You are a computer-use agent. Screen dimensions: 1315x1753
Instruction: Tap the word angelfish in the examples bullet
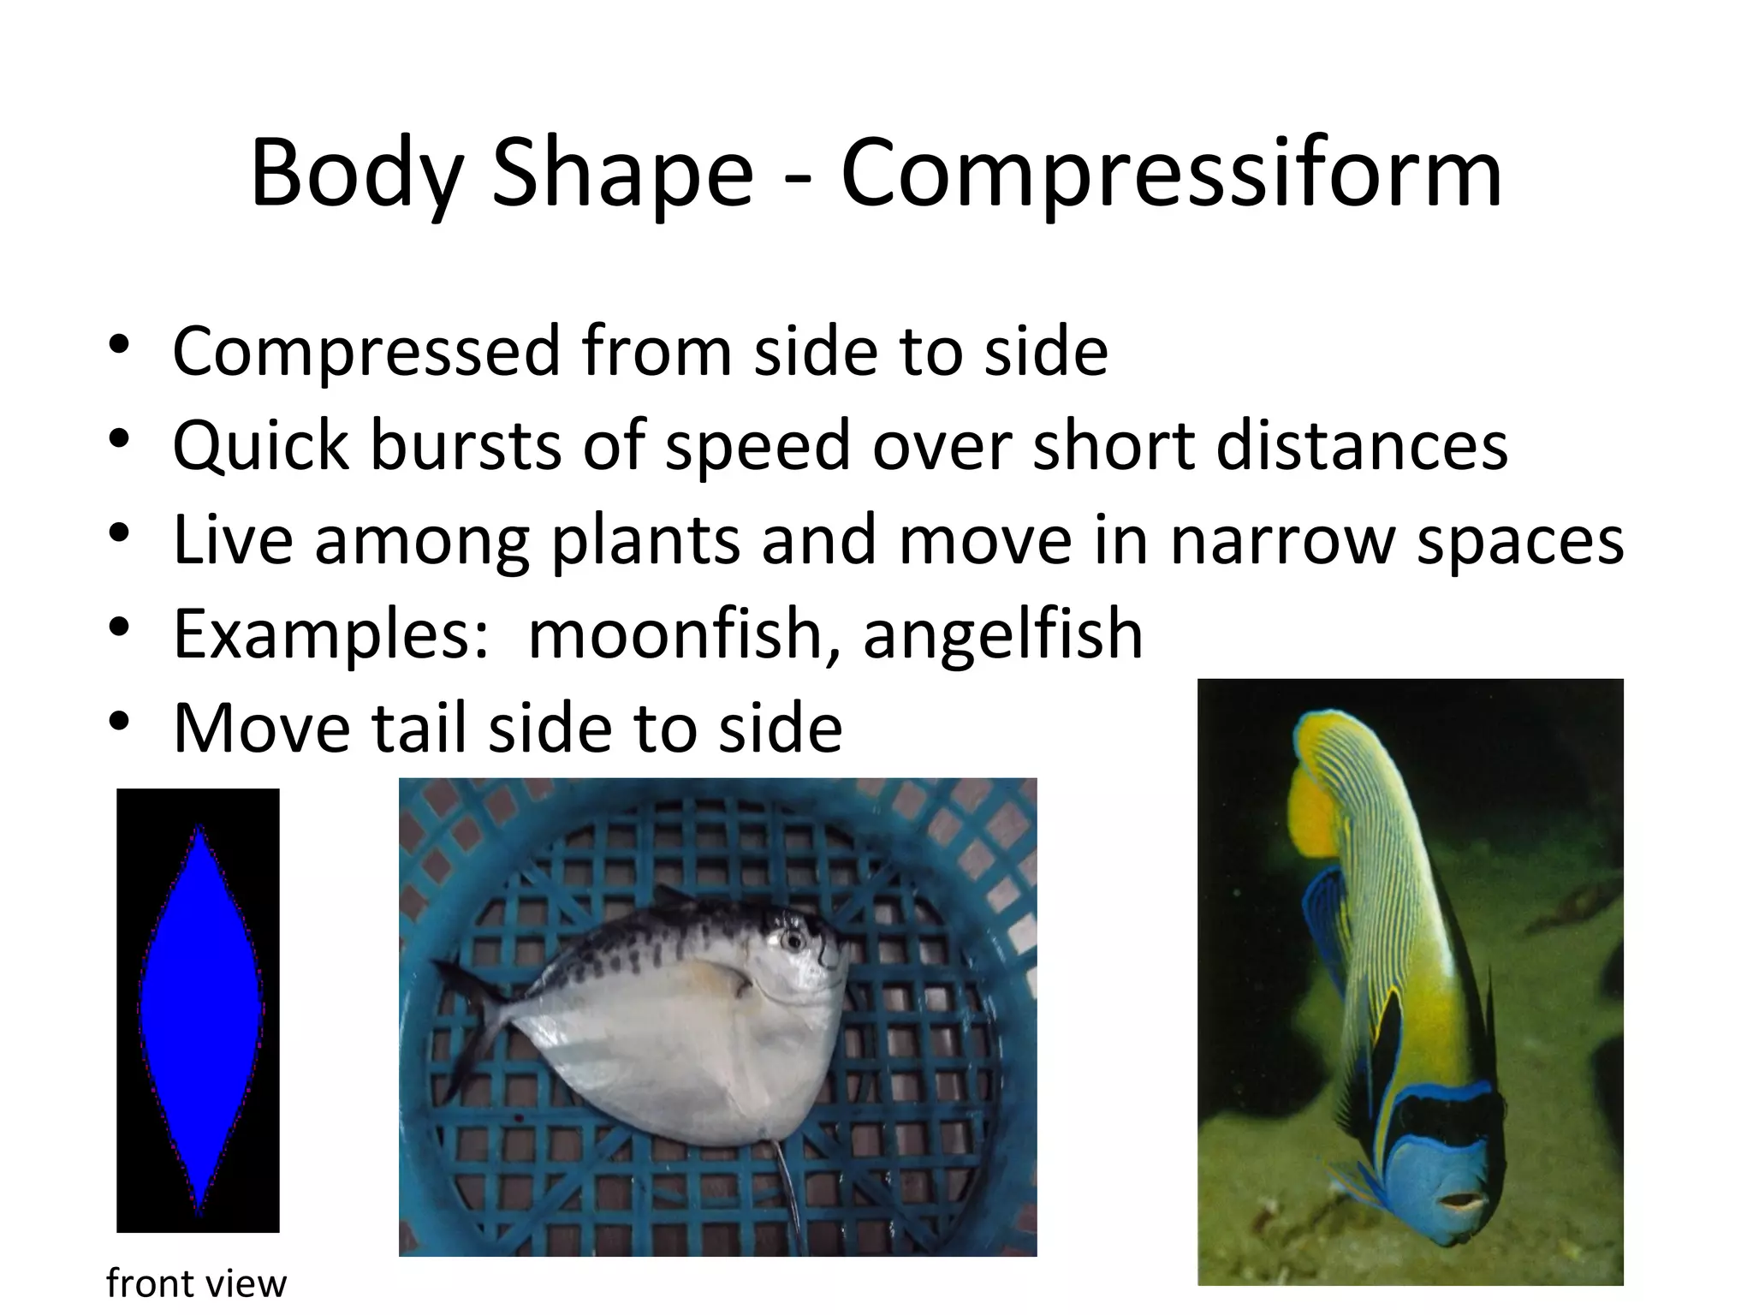tap(1002, 634)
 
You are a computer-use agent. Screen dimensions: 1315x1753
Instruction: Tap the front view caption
tap(196, 1283)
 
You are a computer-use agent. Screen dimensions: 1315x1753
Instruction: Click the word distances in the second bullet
tap(1361, 446)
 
